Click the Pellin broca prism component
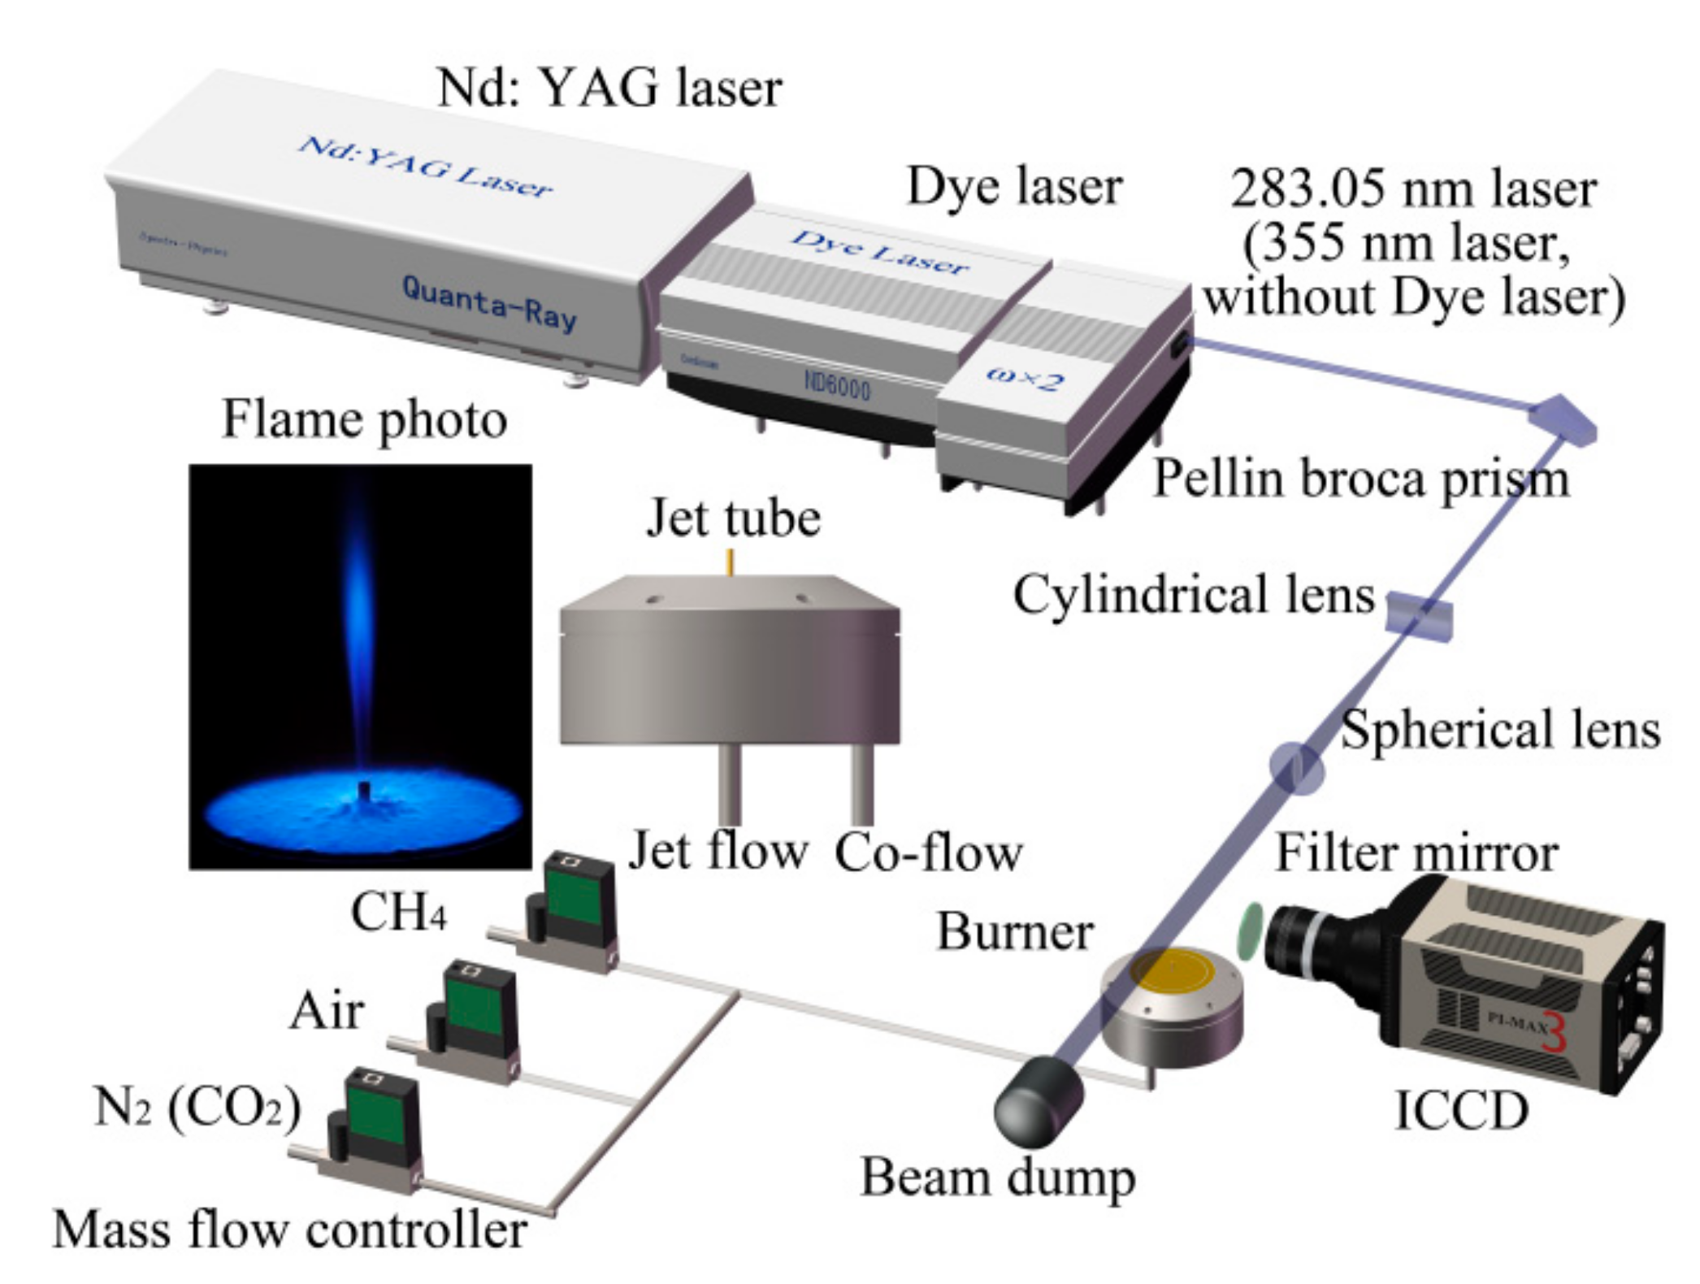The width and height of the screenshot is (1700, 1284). coord(1562,419)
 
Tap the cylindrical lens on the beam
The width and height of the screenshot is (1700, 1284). coord(1418,614)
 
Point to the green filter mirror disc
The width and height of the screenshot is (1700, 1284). coord(1250,930)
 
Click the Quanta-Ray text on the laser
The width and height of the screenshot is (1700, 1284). coord(489,303)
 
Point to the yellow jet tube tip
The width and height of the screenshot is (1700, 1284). coord(731,562)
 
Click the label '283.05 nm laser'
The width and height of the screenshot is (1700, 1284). coord(1413,189)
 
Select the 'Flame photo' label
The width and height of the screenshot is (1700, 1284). coord(364,420)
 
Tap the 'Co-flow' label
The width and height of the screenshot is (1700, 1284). coord(928,852)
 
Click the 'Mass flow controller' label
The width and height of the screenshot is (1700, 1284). coord(290,1230)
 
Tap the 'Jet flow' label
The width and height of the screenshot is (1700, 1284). coord(718,851)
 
